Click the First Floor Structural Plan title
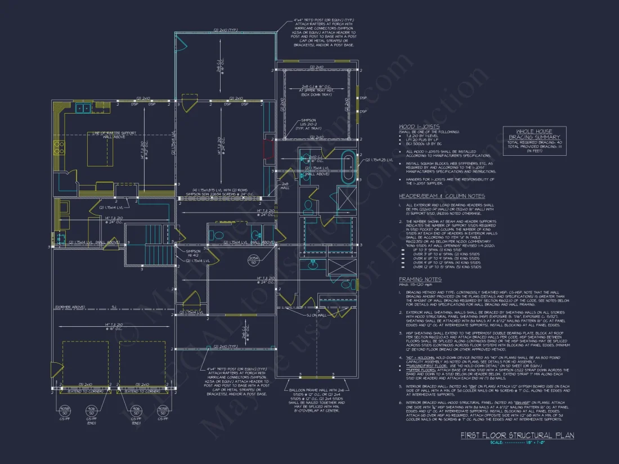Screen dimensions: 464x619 (x=517, y=436)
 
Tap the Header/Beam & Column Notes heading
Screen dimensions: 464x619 (x=442, y=196)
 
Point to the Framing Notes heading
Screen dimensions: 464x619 (x=420, y=280)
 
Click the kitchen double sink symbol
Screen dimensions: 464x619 (x=84, y=108)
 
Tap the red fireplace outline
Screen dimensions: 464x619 (x=268, y=150)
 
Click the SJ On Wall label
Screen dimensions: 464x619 (x=317, y=315)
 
